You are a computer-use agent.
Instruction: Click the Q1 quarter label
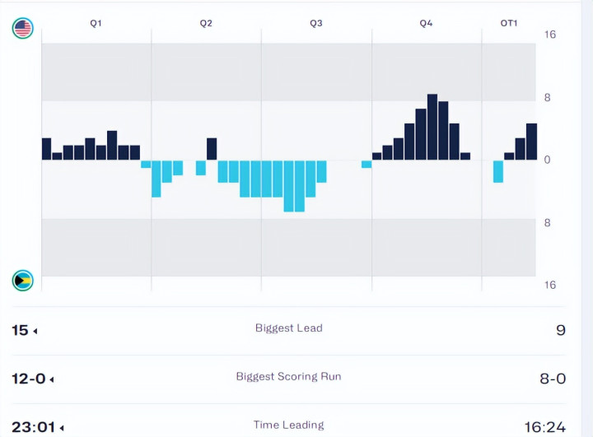(96, 23)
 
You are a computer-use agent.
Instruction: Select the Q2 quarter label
(206, 23)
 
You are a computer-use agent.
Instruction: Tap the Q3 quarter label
(316, 23)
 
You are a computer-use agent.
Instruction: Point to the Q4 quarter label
(426, 23)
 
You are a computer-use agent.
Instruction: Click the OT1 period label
(509, 23)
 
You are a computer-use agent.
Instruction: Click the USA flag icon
(22, 29)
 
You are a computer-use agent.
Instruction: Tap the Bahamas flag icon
(22, 281)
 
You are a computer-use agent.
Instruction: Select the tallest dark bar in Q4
(432, 127)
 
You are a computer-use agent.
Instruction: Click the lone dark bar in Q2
(212, 149)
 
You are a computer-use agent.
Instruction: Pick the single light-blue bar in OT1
(498, 171)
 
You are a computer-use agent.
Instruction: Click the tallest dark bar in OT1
(531, 142)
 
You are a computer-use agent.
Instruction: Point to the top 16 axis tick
(550, 35)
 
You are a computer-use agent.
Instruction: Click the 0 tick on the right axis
(547, 160)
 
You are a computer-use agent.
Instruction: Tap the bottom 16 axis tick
(550, 285)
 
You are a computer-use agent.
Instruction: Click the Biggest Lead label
(289, 328)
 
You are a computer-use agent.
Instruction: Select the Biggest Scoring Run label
(288, 376)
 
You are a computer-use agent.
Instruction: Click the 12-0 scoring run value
(28, 379)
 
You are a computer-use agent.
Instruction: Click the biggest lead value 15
(20, 330)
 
